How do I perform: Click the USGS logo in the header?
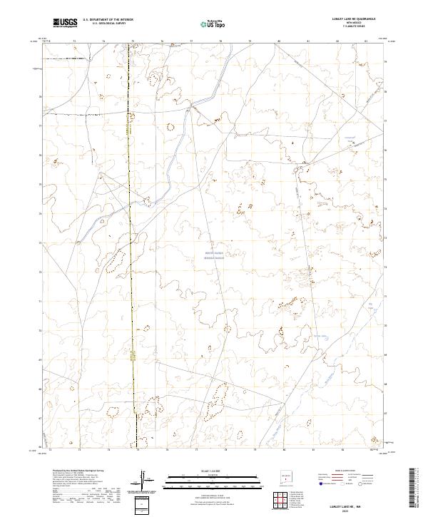[x=65, y=23]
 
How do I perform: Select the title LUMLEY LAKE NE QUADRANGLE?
[x=353, y=19]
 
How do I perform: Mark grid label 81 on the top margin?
[x=307, y=41]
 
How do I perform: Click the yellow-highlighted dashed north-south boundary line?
[x=131, y=250]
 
